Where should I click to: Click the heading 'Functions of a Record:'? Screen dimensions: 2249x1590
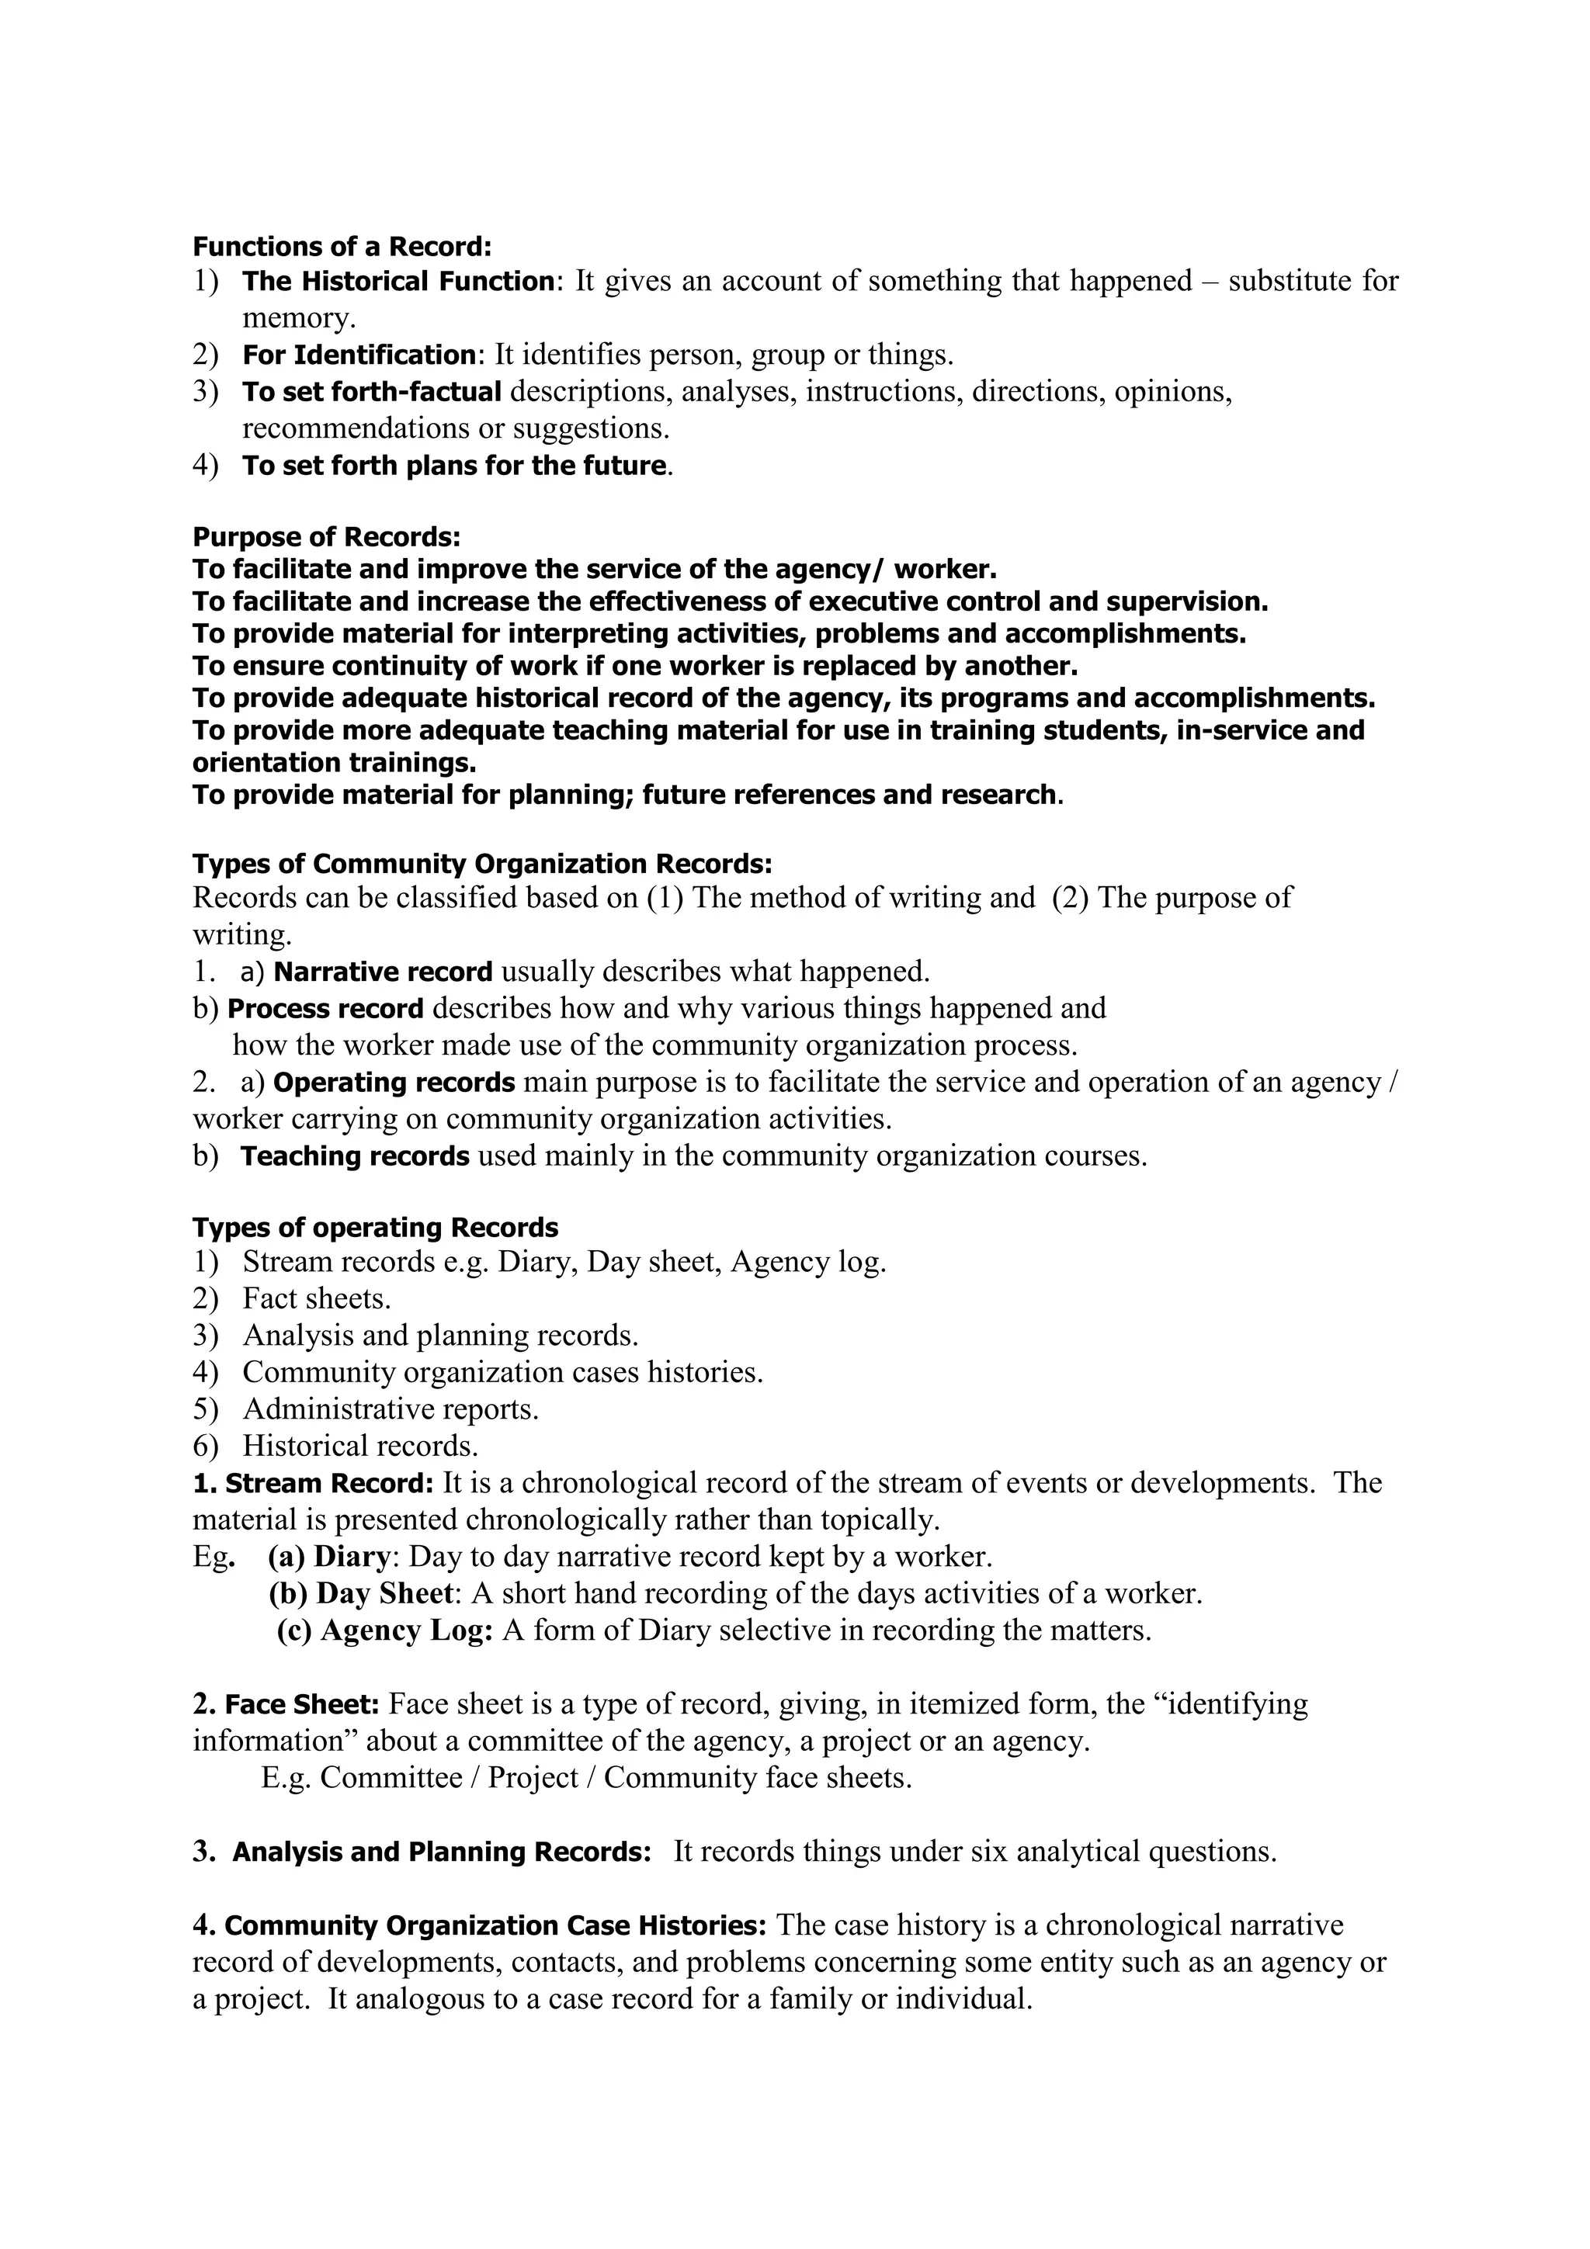click(x=342, y=246)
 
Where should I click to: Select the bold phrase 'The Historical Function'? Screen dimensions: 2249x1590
click(x=397, y=282)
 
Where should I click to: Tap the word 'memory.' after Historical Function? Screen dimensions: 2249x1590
click(x=299, y=318)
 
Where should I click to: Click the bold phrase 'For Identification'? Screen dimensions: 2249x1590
click(x=359, y=355)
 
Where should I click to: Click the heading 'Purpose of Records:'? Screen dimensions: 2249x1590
click(x=326, y=537)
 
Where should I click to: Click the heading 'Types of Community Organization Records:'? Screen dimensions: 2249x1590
click(x=482, y=864)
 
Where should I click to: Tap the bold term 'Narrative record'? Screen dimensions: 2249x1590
click(x=383, y=972)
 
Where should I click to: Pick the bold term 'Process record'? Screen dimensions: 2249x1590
click(x=325, y=1008)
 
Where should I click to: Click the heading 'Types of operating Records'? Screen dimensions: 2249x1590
click(x=375, y=1228)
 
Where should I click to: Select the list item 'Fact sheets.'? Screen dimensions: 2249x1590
click(x=317, y=1299)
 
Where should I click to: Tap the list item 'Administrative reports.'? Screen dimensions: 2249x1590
click(x=391, y=1409)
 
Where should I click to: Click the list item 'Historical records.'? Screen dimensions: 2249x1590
click(x=360, y=1446)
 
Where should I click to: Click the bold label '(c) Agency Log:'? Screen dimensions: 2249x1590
click(x=385, y=1631)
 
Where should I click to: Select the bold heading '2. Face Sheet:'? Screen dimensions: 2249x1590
click(x=286, y=1704)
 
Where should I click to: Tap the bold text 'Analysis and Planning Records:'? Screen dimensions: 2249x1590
click(x=441, y=1852)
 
